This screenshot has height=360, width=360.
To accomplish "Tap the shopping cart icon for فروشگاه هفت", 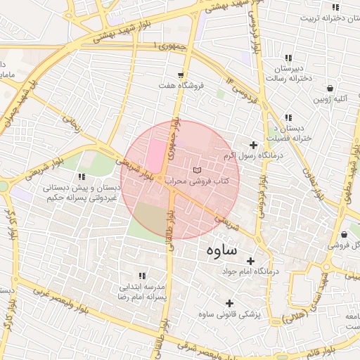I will coord(181,75).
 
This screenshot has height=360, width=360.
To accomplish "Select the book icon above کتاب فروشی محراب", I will coord(197,170).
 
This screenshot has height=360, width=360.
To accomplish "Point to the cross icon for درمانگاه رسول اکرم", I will coord(253,145).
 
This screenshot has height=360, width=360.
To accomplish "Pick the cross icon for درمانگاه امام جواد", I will coord(250,261).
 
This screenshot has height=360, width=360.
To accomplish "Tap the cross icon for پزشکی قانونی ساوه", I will coord(229,303).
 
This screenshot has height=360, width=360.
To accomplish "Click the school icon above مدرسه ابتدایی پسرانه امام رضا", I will coord(142,276).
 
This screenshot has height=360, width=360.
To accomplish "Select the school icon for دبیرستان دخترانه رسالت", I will coord(287,58).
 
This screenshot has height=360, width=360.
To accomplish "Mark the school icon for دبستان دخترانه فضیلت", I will coord(287,118).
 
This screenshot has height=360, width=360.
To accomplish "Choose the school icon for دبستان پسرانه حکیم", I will coord(82,177).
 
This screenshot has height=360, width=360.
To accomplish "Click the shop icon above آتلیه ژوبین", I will coord(330,88).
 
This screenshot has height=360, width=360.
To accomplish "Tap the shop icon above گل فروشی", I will coord(344,234).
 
